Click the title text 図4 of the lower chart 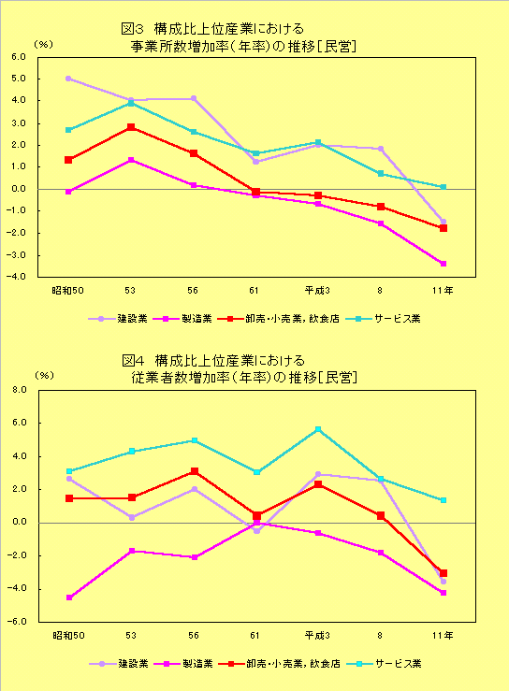(135, 360)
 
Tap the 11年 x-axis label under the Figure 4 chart (443, 636)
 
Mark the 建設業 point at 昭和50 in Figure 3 (68, 79)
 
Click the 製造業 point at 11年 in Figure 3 (444, 264)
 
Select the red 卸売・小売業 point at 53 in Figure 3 (131, 126)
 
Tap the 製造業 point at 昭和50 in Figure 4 (68, 597)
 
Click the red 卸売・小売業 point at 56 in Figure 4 (194, 471)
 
